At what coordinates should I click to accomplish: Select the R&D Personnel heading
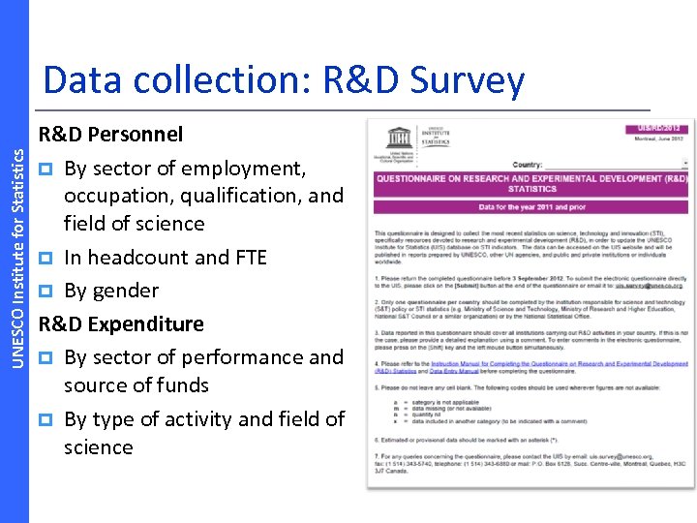110,133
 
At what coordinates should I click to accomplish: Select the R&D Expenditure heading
121,323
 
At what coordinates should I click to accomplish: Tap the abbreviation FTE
247,258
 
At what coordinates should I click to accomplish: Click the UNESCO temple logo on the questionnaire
398,138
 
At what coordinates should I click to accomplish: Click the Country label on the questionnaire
527,165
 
